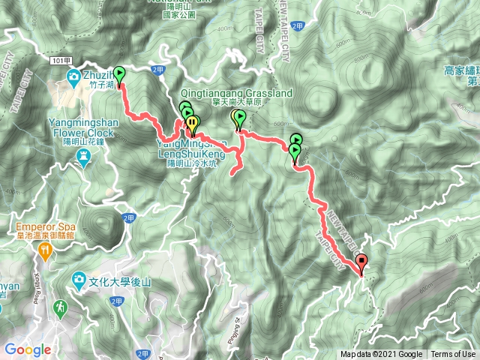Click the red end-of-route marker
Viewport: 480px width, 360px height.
coord(362,262)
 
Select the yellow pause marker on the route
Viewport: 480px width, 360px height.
coord(192,122)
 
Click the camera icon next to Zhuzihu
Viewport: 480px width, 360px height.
coord(74,76)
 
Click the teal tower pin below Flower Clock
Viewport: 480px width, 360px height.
coord(84,155)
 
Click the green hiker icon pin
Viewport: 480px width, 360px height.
coord(59,307)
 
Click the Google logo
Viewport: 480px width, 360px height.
coord(27,349)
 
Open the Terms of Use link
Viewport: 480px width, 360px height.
coord(452,354)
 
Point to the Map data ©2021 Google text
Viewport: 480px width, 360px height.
coord(381,354)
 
